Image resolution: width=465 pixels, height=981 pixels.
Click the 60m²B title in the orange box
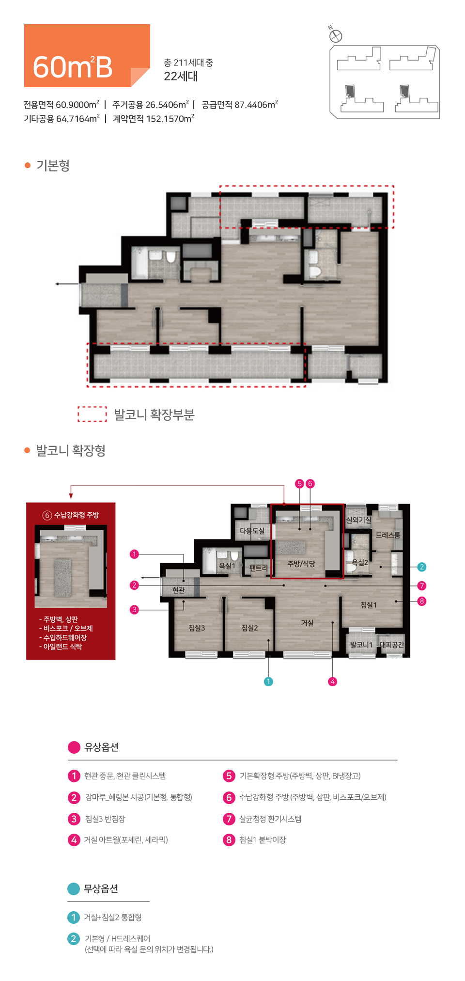tap(73, 67)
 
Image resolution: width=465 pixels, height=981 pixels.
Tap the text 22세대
tap(181, 76)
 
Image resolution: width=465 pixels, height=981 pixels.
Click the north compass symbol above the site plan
tap(335, 35)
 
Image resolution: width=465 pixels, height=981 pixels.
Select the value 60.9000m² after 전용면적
tap(77, 105)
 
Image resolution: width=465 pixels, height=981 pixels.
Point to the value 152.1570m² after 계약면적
tap(170, 119)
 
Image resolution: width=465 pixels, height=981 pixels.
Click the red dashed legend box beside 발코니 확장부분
tap(92, 414)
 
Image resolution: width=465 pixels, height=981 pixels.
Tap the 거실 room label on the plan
tap(307, 623)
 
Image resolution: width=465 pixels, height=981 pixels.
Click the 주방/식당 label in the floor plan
tap(301, 564)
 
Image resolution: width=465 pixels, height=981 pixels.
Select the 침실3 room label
tap(197, 628)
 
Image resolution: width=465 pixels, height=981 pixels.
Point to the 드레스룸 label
tap(388, 535)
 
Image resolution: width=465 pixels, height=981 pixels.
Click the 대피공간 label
tap(391, 645)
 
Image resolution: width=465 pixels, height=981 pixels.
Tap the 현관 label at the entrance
tap(179, 590)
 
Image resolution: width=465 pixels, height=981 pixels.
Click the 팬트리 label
tap(258, 568)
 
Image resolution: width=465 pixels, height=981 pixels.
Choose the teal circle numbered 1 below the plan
tap(268, 681)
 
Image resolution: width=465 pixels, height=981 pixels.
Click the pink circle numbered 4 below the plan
tap(332, 681)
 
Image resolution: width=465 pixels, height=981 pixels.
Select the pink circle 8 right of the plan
tap(421, 601)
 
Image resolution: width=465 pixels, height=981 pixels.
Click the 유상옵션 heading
tap(101, 747)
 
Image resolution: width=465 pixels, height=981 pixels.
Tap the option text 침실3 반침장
tap(105, 819)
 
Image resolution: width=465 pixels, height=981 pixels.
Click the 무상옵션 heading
tap(101, 888)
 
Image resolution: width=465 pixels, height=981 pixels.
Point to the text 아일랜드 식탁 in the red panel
tap(62, 647)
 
